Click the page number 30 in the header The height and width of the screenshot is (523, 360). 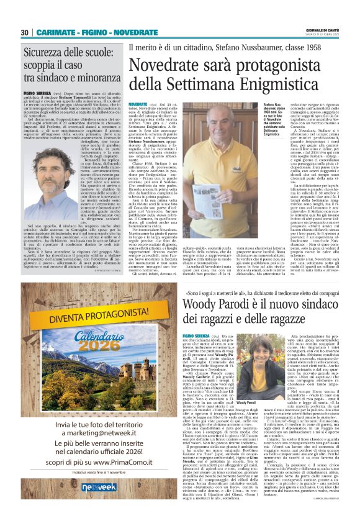tap(25, 32)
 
